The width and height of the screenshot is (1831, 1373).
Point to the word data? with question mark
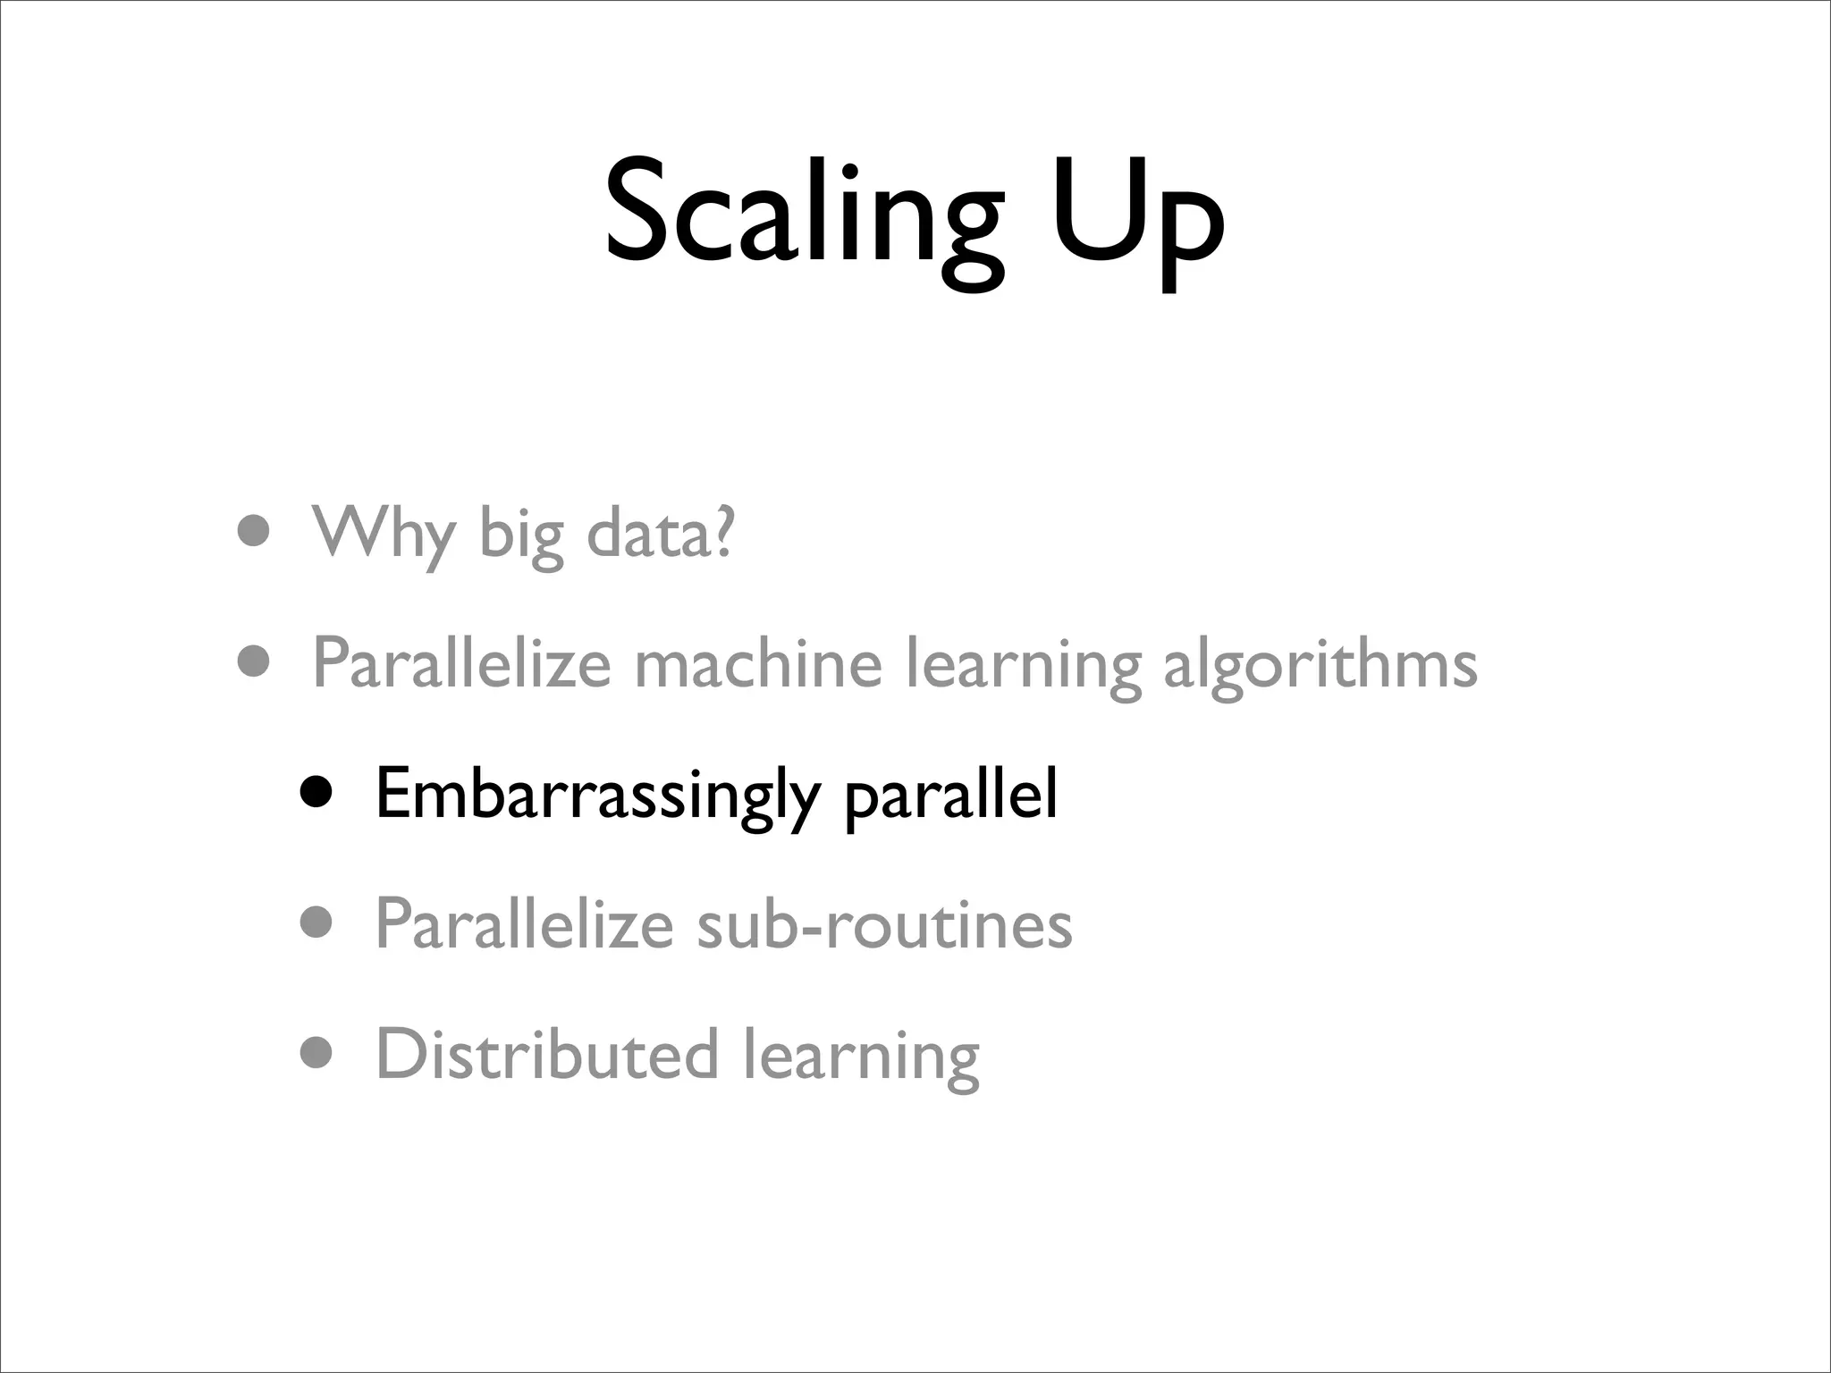click(660, 533)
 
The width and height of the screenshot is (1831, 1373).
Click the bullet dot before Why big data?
click(254, 532)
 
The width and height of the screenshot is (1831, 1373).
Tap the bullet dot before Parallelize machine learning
click(254, 663)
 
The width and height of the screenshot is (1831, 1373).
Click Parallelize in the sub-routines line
click(524, 923)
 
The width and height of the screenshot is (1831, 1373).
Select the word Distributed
click(547, 1054)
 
